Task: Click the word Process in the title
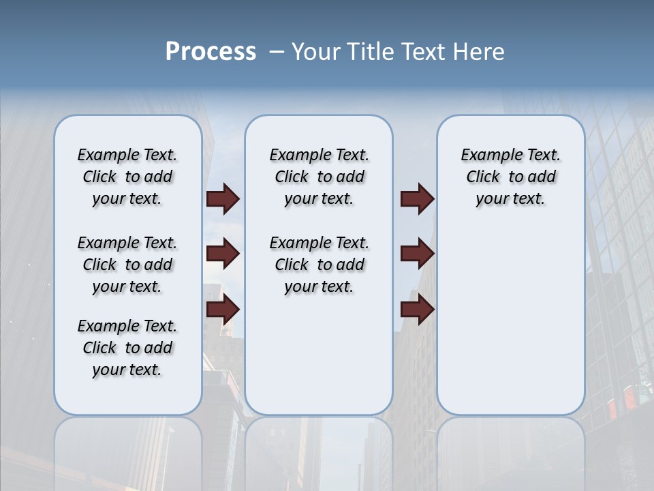tap(211, 52)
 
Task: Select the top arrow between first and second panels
tap(223, 199)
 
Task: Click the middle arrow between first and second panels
tap(223, 254)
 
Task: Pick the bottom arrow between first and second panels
tap(223, 310)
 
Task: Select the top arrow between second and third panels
tap(417, 199)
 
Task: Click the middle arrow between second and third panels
tap(417, 254)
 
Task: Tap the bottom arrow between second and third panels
tap(417, 310)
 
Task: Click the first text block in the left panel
tap(127, 177)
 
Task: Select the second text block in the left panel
tap(127, 265)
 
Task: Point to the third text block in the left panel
tap(127, 348)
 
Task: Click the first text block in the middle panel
tap(319, 177)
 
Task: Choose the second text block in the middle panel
tap(319, 265)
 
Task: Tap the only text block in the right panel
tap(510, 177)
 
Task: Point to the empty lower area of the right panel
tap(510, 321)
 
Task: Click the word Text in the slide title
tap(426, 52)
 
